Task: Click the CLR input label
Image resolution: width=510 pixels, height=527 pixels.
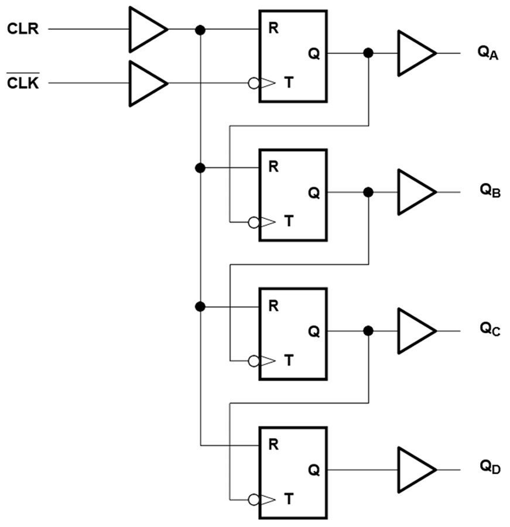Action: pyautogui.click(x=23, y=29)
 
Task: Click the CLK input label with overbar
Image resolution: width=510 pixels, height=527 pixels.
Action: pyautogui.click(x=23, y=84)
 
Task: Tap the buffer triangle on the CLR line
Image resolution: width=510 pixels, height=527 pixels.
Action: pyautogui.click(x=146, y=29)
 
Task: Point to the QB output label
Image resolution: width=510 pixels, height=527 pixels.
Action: pyautogui.click(x=490, y=190)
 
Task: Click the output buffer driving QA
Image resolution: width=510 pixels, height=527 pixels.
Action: pyautogui.click(x=415, y=53)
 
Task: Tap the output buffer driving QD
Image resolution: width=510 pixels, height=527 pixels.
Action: pyautogui.click(x=415, y=470)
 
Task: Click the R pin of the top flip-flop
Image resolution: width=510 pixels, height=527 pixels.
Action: pyautogui.click(x=273, y=29)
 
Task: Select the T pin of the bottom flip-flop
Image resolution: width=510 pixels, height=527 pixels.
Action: pyautogui.click(x=288, y=500)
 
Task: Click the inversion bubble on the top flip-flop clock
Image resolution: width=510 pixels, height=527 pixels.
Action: pyautogui.click(x=254, y=84)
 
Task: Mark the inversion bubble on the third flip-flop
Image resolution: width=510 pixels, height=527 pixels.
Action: pyautogui.click(x=254, y=361)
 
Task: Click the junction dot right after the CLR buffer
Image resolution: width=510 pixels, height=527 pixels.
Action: pyautogui.click(x=200, y=29)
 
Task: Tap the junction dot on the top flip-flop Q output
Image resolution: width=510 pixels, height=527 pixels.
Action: pyautogui.click(x=368, y=53)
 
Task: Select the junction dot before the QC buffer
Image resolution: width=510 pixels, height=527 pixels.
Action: pyautogui.click(x=368, y=331)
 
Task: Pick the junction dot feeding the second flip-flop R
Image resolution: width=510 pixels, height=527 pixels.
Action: pyautogui.click(x=200, y=168)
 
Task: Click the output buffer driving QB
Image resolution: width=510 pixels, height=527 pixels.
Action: pyautogui.click(x=415, y=192)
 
